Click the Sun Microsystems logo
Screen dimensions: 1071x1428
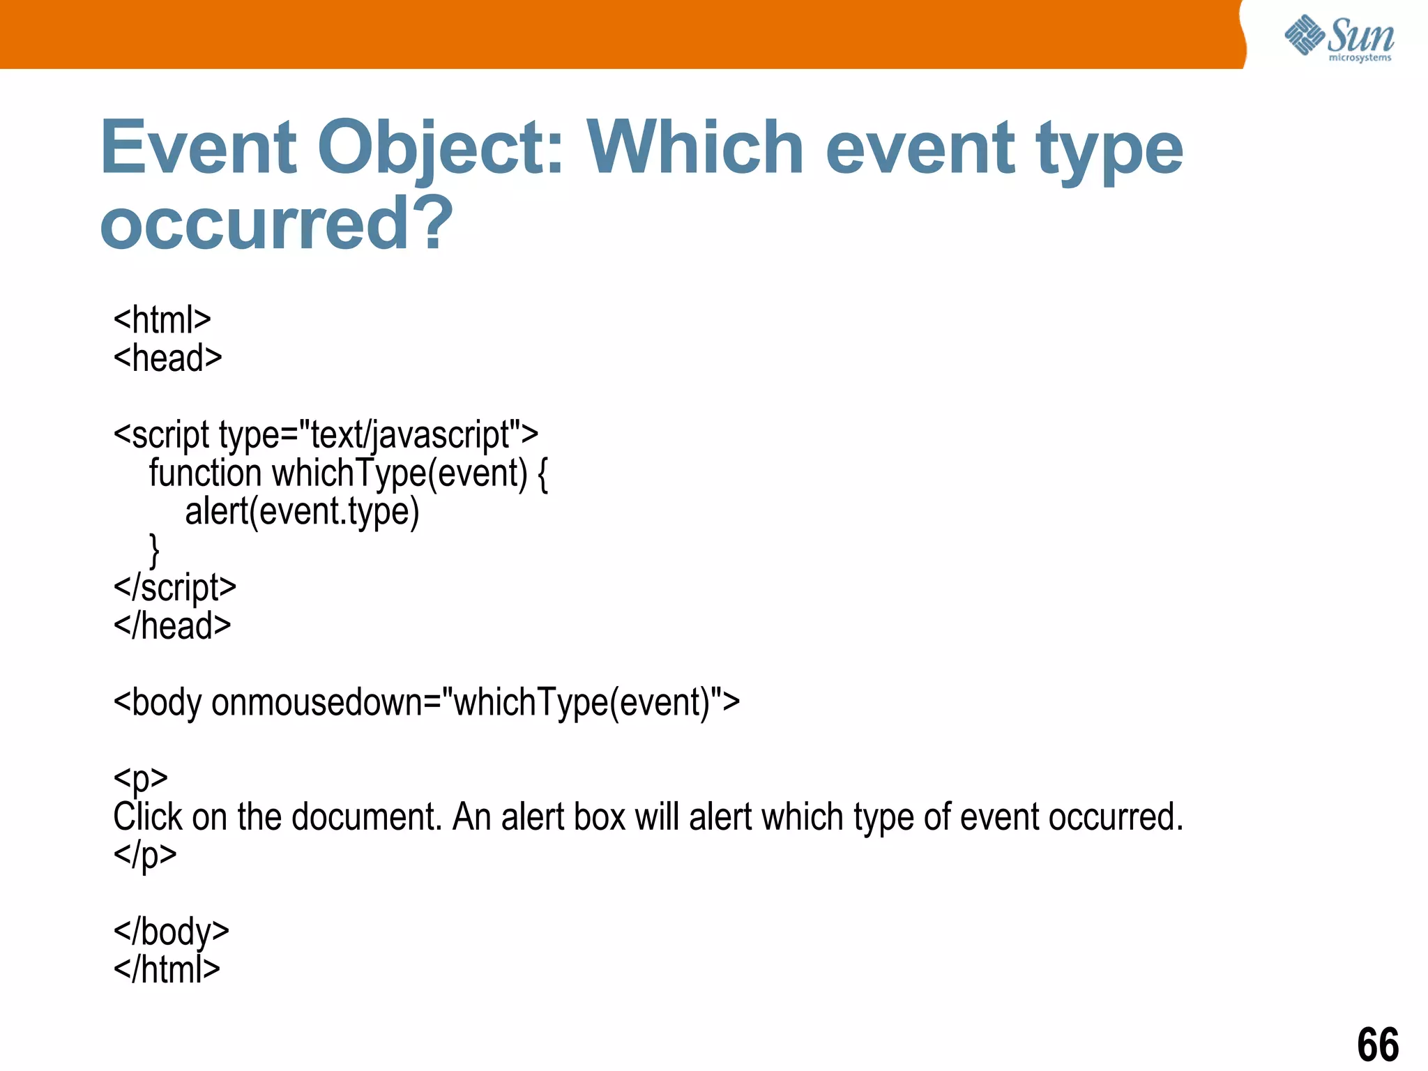(x=1339, y=38)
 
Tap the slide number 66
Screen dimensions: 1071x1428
(x=1377, y=1044)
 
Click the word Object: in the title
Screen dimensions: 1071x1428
(x=440, y=148)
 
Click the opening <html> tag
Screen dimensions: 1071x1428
(x=162, y=320)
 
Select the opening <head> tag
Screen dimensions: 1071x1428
(x=167, y=358)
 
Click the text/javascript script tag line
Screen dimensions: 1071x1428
(x=326, y=434)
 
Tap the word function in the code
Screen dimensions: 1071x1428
(x=205, y=473)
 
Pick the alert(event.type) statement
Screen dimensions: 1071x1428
(x=302, y=512)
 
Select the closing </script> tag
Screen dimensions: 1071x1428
(x=174, y=588)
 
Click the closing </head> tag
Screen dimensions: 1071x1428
(x=172, y=625)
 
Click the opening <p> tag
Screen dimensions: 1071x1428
(x=140, y=778)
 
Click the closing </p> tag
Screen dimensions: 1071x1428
(x=145, y=855)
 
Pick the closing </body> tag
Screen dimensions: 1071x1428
(x=171, y=932)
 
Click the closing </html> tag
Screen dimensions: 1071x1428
(x=167, y=969)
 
